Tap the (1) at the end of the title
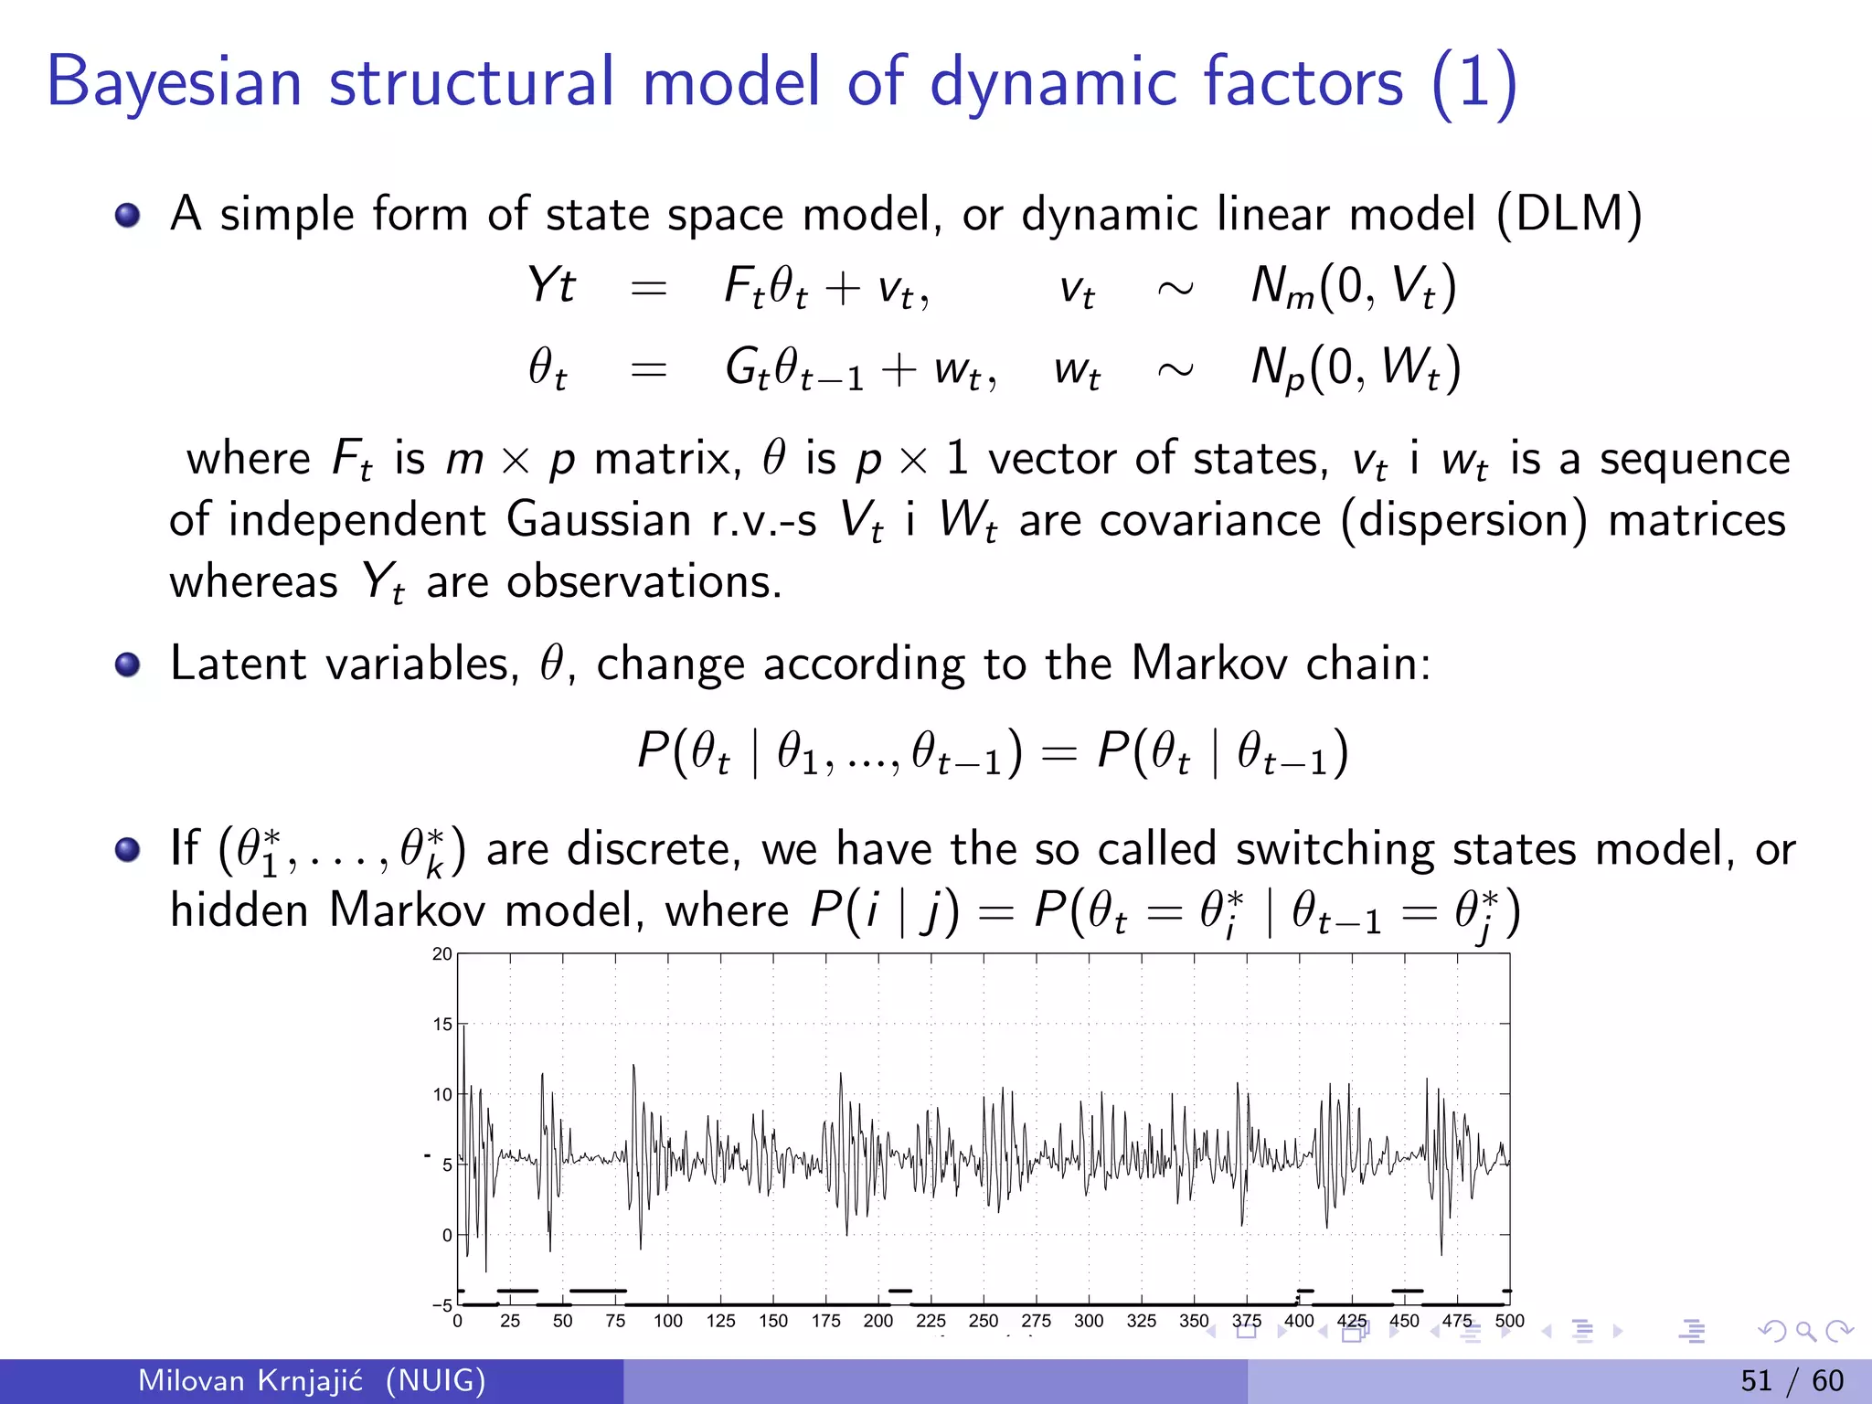point(1473,84)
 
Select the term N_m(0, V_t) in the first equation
point(1353,287)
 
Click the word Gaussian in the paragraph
point(598,520)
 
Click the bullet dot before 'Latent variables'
point(128,665)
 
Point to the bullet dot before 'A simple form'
point(128,216)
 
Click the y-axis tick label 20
point(442,954)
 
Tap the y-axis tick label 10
point(442,1094)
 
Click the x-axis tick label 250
point(984,1321)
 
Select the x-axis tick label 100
point(668,1321)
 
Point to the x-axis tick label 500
point(1509,1321)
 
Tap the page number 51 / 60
point(1792,1380)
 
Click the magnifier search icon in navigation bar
point(1805,1331)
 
